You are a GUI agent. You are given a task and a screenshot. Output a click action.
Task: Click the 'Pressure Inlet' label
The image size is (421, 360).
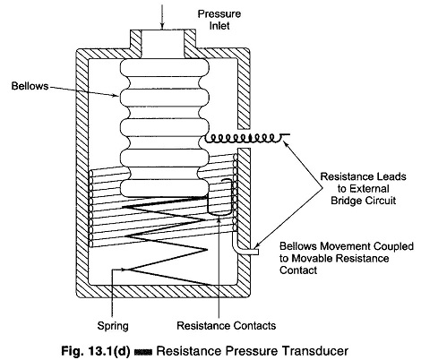(219, 20)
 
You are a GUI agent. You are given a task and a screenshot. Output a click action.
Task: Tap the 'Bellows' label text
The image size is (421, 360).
(30, 86)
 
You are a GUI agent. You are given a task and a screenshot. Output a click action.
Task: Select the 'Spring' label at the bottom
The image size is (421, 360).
(113, 326)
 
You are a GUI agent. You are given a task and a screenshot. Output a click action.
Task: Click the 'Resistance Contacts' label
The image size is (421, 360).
(226, 325)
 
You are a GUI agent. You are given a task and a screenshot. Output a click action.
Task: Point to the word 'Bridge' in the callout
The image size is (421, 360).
(348, 201)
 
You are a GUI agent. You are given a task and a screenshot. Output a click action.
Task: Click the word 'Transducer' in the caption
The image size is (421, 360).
(315, 351)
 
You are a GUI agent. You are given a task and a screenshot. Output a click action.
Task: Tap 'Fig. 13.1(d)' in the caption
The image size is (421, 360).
(96, 351)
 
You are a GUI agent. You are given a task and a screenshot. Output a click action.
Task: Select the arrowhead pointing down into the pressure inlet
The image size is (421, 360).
(162, 25)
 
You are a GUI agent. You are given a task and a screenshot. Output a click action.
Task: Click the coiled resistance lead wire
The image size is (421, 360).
(246, 138)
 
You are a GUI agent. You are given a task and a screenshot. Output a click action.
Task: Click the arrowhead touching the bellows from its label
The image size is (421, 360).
(116, 96)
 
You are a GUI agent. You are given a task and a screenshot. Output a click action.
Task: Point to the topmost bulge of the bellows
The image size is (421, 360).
(164, 67)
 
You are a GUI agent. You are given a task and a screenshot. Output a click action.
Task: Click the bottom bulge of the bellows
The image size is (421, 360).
(163, 188)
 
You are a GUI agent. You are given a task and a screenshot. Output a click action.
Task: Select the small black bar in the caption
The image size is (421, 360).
(143, 352)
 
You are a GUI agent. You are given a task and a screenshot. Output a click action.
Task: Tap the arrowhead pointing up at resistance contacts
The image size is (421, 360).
(219, 220)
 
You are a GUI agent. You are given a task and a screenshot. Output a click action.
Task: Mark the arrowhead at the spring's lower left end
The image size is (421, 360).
(124, 270)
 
